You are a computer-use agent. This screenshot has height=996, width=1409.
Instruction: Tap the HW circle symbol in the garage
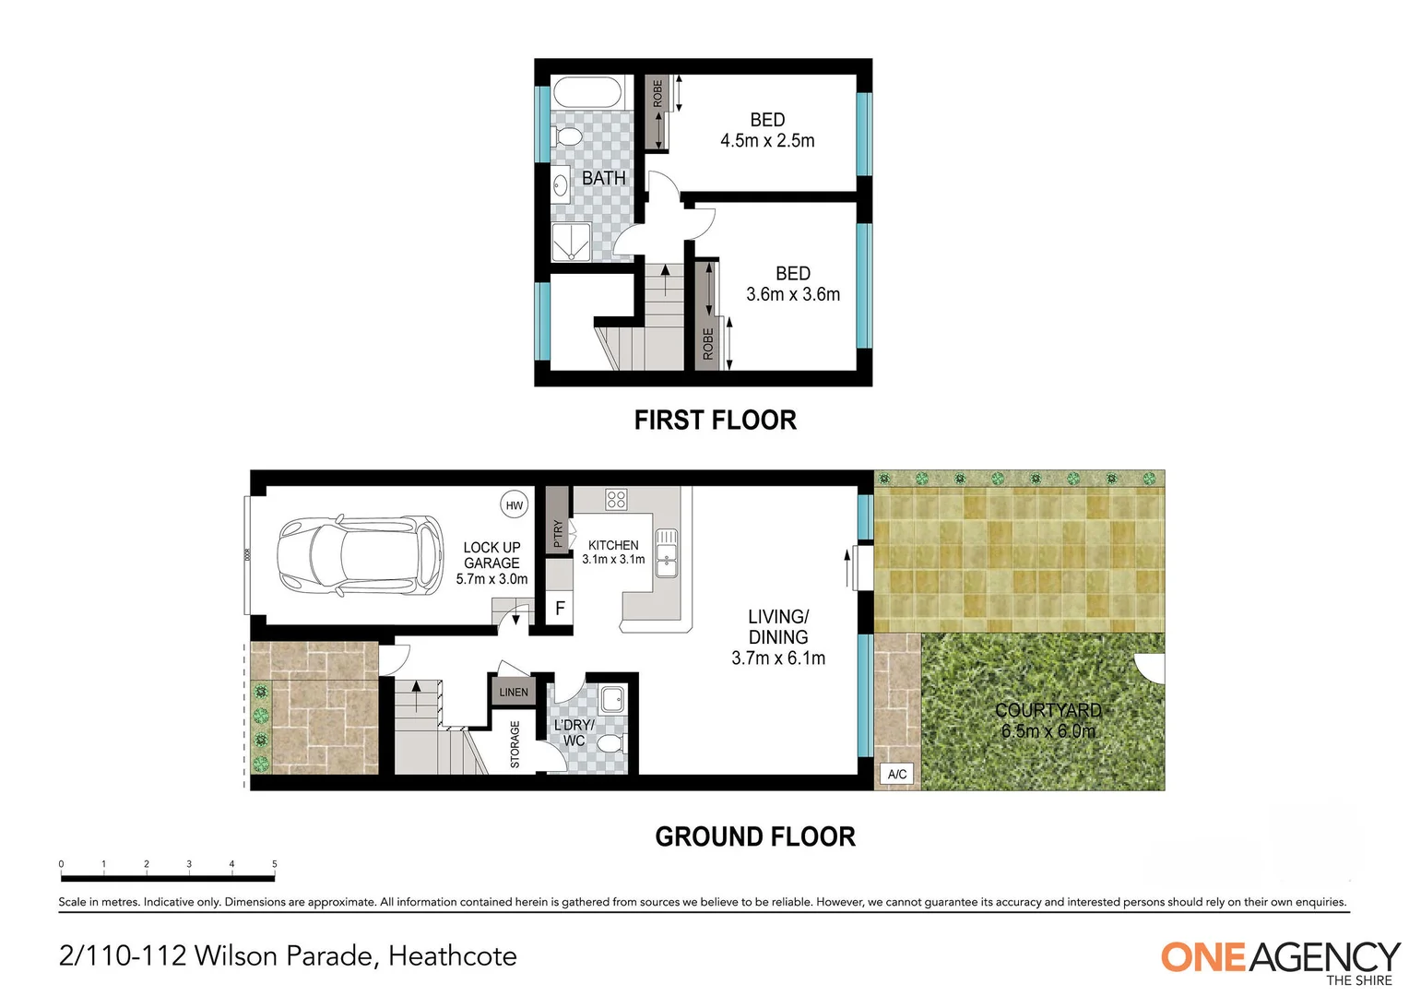click(x=514, y=504)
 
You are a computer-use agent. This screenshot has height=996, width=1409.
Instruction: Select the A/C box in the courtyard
click(x=896, y=774)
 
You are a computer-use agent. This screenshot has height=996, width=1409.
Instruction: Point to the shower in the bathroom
click(x=571, y=242)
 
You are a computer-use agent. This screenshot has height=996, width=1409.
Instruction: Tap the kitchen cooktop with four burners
click(x=616, y=500)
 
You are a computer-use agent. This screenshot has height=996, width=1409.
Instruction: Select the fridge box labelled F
click(x=559, y=609)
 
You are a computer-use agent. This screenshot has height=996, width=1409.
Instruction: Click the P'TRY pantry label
click(x=557, y=534)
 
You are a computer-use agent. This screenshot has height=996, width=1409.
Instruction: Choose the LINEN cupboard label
click(x=514, y=692)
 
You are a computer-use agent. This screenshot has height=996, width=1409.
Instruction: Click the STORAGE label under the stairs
click(x=515, y=744)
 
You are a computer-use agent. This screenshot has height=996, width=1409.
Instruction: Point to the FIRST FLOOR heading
click(x=715, y=421)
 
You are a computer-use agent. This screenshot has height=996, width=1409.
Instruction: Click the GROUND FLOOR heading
click(x=755, y=836)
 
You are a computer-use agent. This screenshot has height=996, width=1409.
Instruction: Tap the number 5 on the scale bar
click(x=274, y=864)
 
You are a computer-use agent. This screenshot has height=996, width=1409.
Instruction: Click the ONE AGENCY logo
click(x=1279, y=960)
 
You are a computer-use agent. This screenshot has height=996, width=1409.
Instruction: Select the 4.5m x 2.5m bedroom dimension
click(x=767, y=141)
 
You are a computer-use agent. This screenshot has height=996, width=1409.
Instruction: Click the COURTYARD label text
click(x=1048, y=710)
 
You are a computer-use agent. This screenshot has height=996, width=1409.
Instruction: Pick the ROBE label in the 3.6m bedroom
click(x=708, y=343)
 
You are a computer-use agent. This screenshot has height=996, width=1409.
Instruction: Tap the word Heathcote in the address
click(x=452, y=956)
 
